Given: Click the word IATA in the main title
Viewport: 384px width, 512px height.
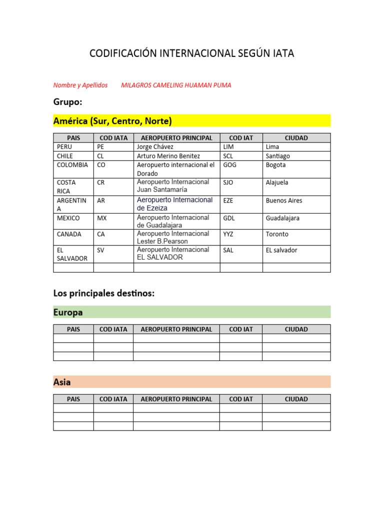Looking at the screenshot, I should [x=283, y=53].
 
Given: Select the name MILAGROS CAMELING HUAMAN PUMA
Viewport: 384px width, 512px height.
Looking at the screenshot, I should [x=176, y=85].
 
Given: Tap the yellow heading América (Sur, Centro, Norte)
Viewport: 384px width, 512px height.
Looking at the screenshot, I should [x=112, y=121].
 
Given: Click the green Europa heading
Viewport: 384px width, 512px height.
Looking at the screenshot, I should [x=68, y=312].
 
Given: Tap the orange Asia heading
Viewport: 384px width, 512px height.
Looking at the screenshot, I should [x=62, y=382].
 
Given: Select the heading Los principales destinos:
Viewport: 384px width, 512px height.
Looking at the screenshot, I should [x=104, y=293].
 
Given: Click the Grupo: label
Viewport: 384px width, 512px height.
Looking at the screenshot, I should [x=67, y=102].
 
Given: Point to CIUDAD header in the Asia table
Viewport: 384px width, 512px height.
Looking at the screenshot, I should [x=296, y=399].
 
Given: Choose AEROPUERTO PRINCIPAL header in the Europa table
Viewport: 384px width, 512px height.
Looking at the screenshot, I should [x=176, y=329].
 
